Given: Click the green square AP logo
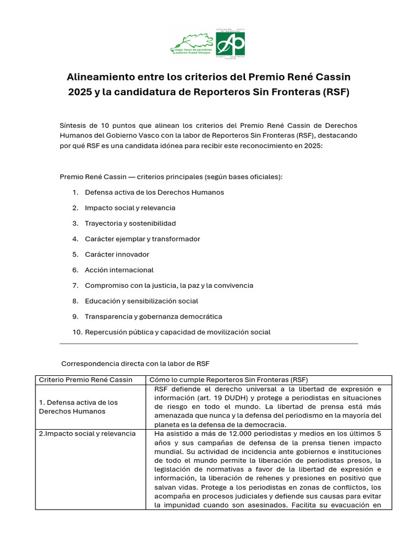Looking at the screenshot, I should tap(230, 44).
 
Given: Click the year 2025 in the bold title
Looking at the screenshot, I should tap(80, 92).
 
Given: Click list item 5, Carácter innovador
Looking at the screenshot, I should tap(116, 255).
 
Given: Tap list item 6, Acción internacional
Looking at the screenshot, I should tap(119, 270).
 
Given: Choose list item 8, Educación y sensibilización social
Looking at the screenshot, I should tap(141, 301).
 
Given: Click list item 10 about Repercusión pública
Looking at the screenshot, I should tap(177, 332).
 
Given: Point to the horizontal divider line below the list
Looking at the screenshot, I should tap(208, 344).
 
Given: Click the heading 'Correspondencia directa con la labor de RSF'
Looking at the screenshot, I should tap(136, 363).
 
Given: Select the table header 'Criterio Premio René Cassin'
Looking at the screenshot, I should tap(85, 380).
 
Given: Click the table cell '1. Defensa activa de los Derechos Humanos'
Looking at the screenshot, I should tap(78, 407).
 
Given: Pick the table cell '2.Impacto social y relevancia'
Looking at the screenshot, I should tap(87, 434).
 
